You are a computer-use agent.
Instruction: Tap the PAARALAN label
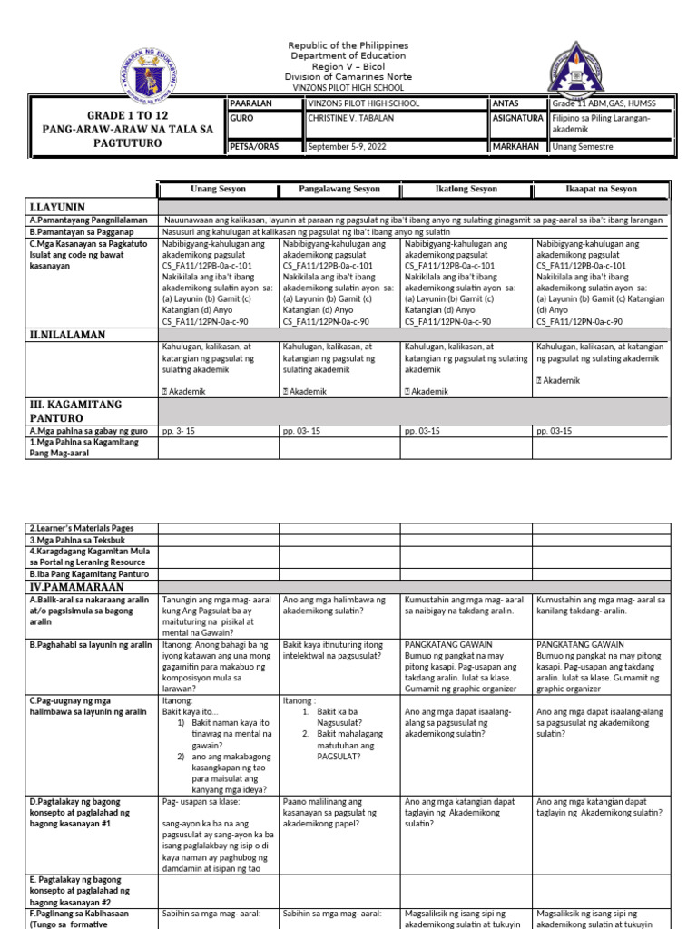pyautogui.click(x=251, y=103)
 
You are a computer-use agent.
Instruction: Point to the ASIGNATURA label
pyautogui.click(x=518, y=119)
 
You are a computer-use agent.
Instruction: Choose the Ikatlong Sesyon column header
pyautogui.click(x=459, y=189)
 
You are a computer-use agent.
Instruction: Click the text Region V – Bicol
pyautogui.click(x=348, y=66)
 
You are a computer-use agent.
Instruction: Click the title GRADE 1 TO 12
pyautogui.click(x=127, y=116)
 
